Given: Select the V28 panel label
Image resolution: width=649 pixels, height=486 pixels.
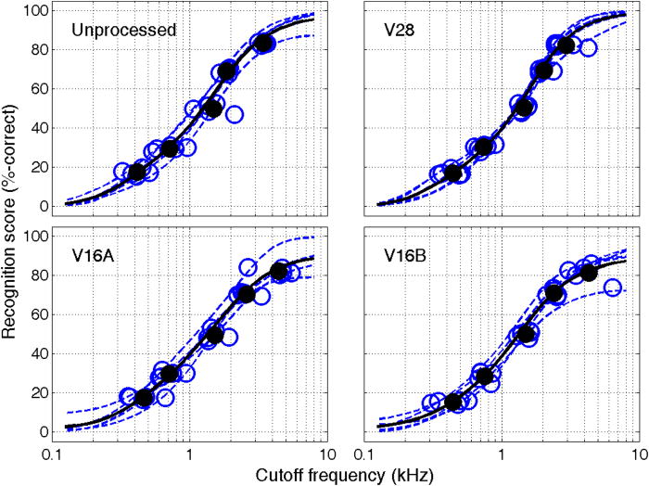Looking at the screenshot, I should [x=399, y=30].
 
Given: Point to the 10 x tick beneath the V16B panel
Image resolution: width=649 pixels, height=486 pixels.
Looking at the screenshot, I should [x=639, y=456].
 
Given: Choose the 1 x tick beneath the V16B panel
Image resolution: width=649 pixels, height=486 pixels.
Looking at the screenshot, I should [x=502, y=456].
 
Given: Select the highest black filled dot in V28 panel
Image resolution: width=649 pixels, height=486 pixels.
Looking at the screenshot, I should [x=566, y=45].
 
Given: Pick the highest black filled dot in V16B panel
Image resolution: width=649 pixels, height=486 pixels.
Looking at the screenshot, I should [x=588, y=273].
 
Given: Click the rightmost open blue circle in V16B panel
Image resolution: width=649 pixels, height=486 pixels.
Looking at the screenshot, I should [x=612, y=288].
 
